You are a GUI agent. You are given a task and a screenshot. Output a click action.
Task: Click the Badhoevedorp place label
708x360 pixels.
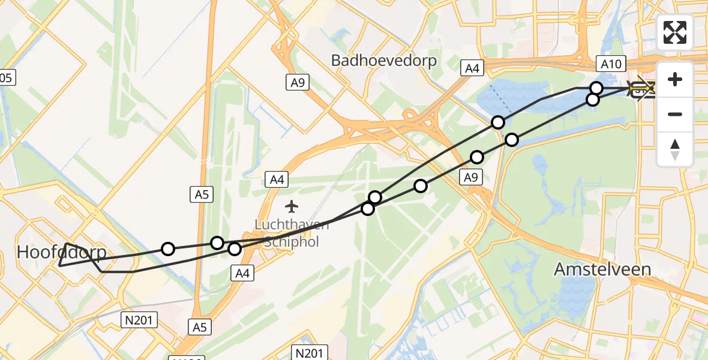[384, 61]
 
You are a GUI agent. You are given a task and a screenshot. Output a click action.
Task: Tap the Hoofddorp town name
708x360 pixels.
[61, 253]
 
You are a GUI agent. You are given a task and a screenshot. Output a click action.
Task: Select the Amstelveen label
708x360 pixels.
[602, 269]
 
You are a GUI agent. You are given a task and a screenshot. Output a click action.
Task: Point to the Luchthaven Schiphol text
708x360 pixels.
[292, 233]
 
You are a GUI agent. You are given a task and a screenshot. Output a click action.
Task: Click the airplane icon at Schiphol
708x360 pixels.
[292, 207]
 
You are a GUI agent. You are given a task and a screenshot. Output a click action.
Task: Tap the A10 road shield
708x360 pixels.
[611, 64]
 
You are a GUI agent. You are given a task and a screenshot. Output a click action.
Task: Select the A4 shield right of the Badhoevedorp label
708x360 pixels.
[472, 68]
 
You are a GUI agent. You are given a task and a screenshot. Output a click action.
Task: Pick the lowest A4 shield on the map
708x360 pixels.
[242, 274]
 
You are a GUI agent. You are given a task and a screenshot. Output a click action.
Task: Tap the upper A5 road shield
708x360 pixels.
[202, 194]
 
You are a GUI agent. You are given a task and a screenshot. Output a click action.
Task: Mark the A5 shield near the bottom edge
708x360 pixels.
[202, 327]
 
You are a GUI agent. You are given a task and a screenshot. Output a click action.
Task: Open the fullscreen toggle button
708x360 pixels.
[675, 32]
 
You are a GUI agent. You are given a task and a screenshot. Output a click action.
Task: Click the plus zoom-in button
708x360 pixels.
[675, 79]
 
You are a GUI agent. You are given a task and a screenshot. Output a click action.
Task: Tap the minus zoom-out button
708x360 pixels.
[675, 114]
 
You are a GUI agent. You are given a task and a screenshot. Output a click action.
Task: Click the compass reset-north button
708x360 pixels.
[675, 149]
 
